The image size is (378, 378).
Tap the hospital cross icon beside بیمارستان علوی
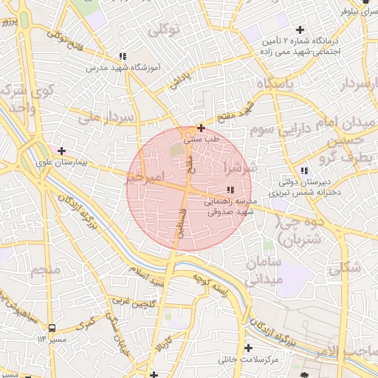(61, 151)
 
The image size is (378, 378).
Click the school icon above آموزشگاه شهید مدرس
(123, 56)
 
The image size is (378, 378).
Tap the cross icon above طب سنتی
(201, 128)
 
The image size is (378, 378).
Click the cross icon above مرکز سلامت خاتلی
(247, 348)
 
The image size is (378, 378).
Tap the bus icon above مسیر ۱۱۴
(52, 327)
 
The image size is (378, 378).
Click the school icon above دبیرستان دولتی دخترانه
(304, 171)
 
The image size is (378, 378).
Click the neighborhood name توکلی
(163, 30)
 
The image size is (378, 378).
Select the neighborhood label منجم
(45, 270)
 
